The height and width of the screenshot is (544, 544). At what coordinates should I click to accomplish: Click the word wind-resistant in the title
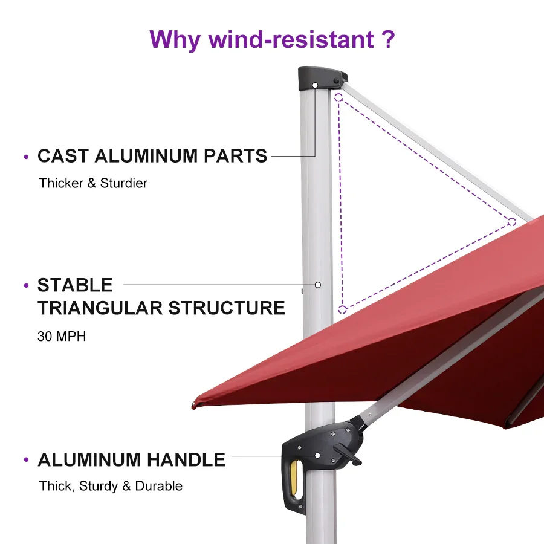click(291, 39)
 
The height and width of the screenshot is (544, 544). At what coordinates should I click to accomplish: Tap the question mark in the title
click(388, 39)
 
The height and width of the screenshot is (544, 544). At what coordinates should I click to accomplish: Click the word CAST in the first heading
click(63, 156)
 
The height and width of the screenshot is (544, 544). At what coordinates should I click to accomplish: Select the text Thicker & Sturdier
click(93, 183)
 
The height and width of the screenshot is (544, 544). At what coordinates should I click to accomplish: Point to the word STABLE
click(75, 285)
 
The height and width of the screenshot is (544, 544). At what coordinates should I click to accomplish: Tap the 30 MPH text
click(62, 337)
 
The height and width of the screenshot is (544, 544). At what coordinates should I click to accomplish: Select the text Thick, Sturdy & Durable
click(111, 486)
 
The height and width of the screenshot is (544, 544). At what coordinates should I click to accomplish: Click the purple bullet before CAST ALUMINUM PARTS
click(26, 157)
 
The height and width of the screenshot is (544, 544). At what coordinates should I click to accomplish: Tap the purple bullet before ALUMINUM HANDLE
click(26, 461)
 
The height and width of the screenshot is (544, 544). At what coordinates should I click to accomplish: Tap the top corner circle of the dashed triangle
click(339, 96)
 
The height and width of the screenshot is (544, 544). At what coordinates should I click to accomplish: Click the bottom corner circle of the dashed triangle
click(342, 309)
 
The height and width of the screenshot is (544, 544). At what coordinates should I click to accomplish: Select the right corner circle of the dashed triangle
click(511, 221)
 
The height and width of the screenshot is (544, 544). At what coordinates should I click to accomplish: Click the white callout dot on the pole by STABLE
click(317, 284)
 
